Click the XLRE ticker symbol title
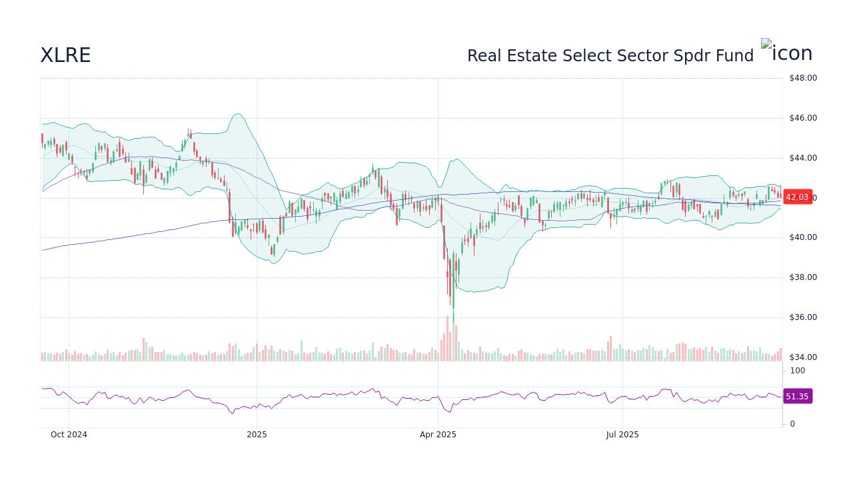65,56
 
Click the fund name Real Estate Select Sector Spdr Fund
610,56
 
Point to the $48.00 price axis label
802,78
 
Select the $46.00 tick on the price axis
802,118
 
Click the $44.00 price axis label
802,158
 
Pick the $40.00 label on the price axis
802,237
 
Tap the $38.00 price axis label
802,277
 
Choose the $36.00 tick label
802,317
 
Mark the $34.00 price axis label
802,357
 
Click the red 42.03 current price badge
797,197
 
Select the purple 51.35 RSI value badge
797,397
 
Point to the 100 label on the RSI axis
798,371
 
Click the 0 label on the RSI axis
792,424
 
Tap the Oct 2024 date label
69,435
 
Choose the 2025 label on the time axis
257,435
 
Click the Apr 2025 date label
438,435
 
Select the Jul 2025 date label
622,435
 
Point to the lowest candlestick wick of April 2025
453,322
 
